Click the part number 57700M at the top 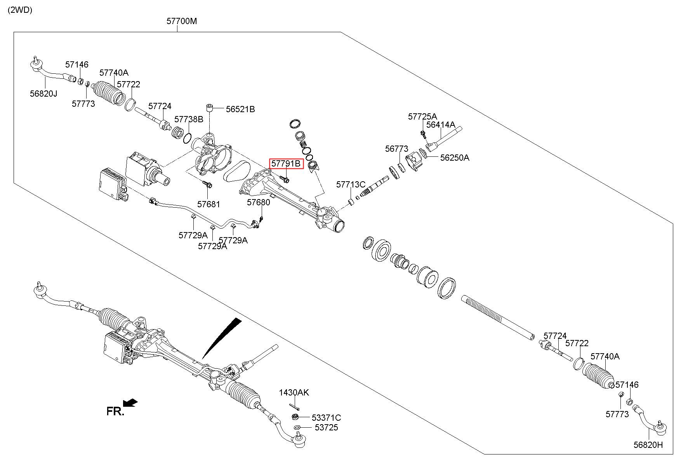pos(182,21)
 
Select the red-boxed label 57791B pos(286,164)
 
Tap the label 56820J pos(43,94)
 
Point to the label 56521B pos(240,109)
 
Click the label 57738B pos(189,119)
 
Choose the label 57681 pos(208,204)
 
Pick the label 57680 pos(259,202)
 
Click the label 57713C pos(351,184)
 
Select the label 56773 pos(397,149)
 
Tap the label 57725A pos(422,116)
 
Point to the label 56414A pos(441,125)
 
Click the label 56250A pos(455,158)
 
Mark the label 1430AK pos(294,392)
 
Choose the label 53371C pos(326,418)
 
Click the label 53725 pos(326,427)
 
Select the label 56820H pos(648,445)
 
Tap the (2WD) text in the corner pos(20,10)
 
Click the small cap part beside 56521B pos(210,107)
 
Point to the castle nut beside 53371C pos(295,417)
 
